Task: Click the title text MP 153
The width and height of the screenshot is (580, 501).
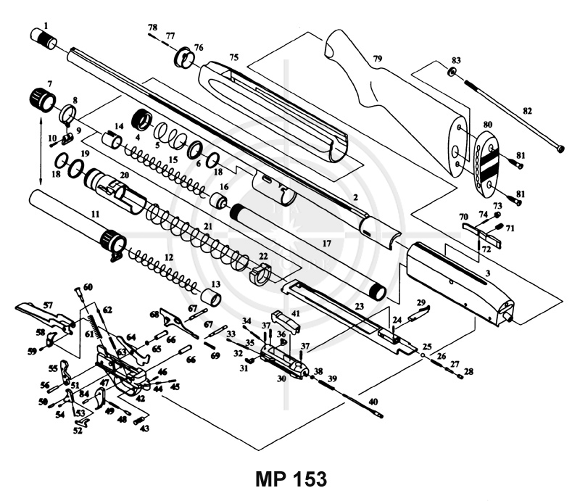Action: [291, 479]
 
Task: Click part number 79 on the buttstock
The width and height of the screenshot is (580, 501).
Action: [377, 59]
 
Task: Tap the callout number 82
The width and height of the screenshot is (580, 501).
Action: [527, 111]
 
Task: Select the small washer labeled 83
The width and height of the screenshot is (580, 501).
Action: [452, 73]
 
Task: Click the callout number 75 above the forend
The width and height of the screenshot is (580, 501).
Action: [233, 57]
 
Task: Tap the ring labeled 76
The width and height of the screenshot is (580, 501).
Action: [184, 58]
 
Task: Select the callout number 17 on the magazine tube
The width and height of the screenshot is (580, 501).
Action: [326, 244]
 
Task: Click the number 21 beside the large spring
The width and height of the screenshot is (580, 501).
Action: [208, 225]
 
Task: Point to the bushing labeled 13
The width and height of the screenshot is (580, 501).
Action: [211, 298]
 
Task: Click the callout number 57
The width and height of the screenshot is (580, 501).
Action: [48, 305]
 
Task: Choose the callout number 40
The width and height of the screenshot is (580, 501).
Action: [373, 401]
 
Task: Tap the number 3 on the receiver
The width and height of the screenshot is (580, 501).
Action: [488, 273]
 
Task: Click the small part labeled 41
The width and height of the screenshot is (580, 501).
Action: [286, 320]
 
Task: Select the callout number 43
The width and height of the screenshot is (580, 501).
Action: [144, 428]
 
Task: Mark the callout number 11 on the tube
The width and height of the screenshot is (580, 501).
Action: [96, 214]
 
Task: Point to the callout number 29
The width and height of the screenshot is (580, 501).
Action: [421, 302]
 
